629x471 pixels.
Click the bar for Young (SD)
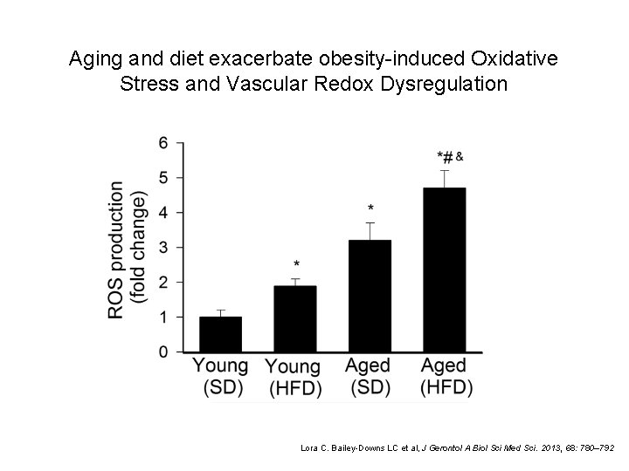(220, 334)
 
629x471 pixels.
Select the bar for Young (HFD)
(295, 318)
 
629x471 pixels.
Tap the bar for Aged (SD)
(370, 296)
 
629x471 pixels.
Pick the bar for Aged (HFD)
(445, 270)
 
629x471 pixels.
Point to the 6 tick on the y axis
(163, 143)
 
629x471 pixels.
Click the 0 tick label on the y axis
(163, 352)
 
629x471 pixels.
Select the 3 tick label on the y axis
(163, 248)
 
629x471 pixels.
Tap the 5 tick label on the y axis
(163, 178)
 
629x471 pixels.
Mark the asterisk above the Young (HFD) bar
(296, 264)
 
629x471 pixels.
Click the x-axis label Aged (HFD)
(445, 376)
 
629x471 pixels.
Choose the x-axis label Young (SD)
(220, 376)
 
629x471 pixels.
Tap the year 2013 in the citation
(549, 447)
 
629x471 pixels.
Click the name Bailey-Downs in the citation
(349, 447)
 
